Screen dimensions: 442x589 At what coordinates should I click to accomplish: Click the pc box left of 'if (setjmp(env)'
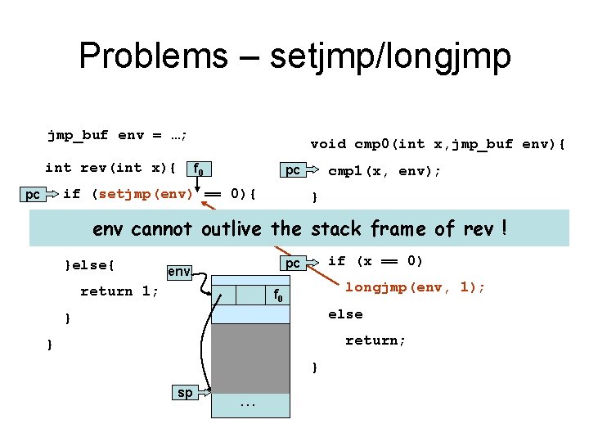tap(33, 194)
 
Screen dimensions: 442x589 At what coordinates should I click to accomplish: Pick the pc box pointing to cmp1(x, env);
tap(292, 170)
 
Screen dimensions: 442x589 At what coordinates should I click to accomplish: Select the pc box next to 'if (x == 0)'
tap(292, 263)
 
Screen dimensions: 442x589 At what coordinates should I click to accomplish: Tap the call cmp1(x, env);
tap(384, 171)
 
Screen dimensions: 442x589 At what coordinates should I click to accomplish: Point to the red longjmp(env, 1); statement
tap(415, 287)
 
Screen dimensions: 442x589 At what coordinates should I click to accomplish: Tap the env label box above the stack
tap(179, 270)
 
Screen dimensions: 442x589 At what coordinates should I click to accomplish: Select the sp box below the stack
tap(186, 392)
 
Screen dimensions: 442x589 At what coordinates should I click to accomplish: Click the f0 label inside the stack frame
tap(279, 295)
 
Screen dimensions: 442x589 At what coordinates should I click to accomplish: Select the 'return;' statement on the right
tap(375, 341)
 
